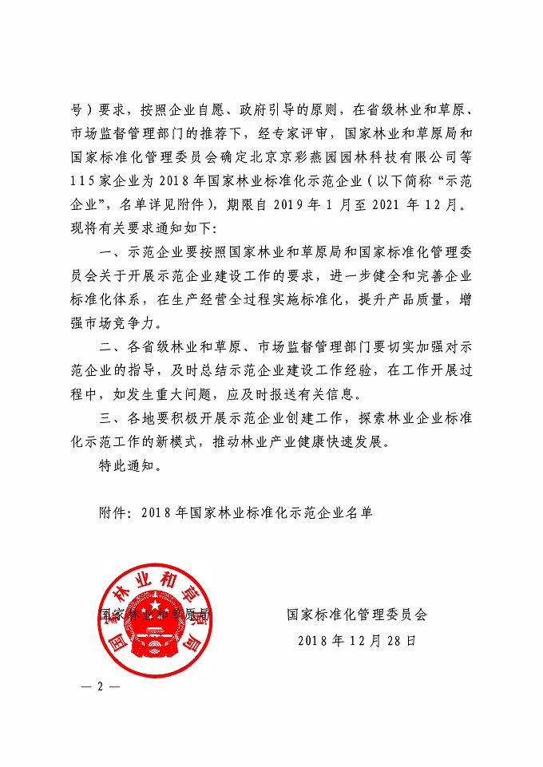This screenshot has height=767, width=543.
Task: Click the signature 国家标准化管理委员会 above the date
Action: click(357, 615)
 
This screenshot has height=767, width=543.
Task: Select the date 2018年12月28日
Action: click(357, 640)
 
